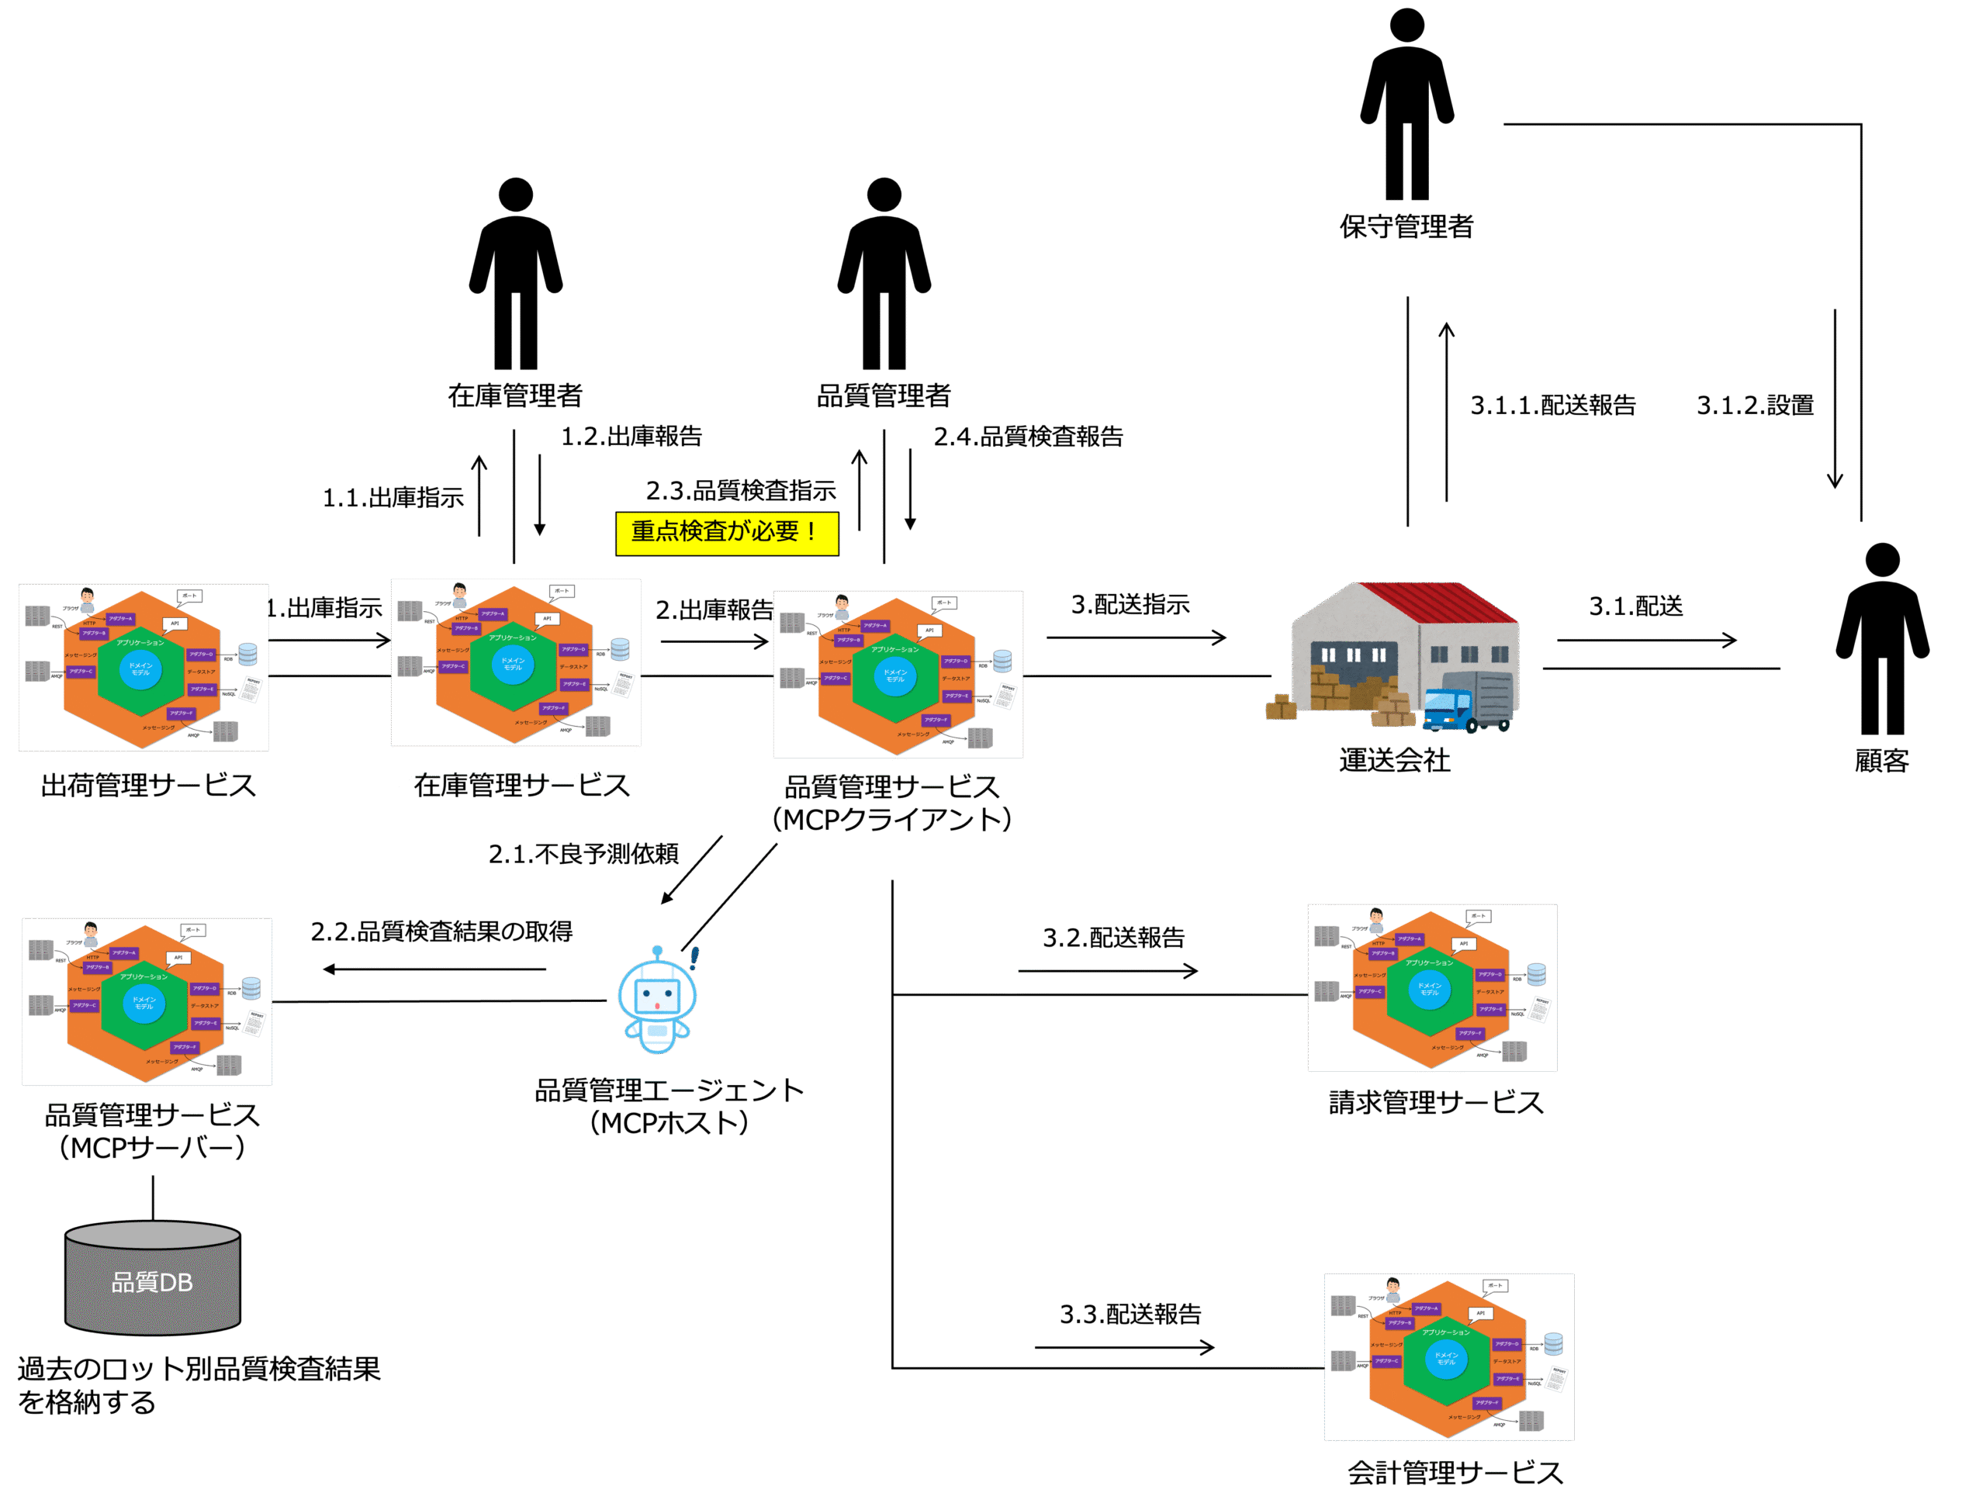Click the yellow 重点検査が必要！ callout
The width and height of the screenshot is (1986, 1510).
tap(726, 533)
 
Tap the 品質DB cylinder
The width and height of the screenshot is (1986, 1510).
tap(153, 1277)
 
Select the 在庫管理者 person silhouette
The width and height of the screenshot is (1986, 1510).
tap(516, 273)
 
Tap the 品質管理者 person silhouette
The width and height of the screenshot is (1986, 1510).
tap(884, 273)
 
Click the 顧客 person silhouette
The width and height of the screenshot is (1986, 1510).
tap(1882, 638)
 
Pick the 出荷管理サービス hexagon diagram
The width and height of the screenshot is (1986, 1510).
tap(144, 668)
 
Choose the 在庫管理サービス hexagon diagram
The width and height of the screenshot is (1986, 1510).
tap(516, 663)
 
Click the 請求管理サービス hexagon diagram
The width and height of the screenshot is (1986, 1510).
tap(1432, 988)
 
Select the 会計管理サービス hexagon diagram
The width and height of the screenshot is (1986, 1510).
tap(1449, 1357)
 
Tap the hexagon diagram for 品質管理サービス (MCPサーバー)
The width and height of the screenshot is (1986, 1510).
tap(147, 1001)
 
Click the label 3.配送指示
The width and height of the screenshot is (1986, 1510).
tap(1130, 605)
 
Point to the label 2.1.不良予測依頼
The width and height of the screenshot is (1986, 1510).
tap(583, 854)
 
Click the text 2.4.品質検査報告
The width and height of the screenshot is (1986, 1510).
tap(1028, 437)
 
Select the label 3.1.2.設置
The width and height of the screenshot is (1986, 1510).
tap(1755, 406)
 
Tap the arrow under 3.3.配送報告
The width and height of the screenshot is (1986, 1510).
tap(1124, 1347)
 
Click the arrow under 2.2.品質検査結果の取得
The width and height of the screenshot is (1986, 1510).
tap(435, 969)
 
